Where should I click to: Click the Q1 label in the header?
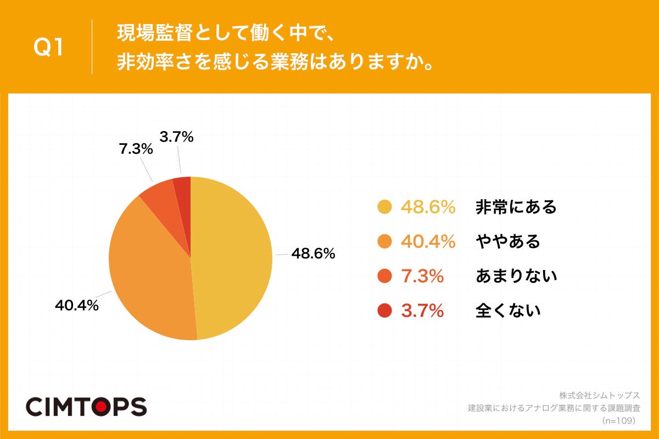[x=49, y=47]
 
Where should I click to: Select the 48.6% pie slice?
[x=233, y=258]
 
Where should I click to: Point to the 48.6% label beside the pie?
[x=313, y=254]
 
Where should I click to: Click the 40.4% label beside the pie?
[x=77, y=306]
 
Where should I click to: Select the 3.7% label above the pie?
[x=176, y=137]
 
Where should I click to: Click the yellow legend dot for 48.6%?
[x=385, y=207]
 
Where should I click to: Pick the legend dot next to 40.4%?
[x=385, y=241]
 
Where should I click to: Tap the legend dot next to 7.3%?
[x=385, y=276]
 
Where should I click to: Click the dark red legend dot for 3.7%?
[x=385, y=311]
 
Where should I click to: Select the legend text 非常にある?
[x=516, y=207]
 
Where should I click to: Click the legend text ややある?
[x=508, y=241]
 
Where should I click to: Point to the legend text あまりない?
[x=516, y=276]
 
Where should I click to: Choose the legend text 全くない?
[x=508, y=311]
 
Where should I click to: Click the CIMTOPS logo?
[x=86, y=407]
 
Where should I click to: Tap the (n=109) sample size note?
[x=618, y=420]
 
